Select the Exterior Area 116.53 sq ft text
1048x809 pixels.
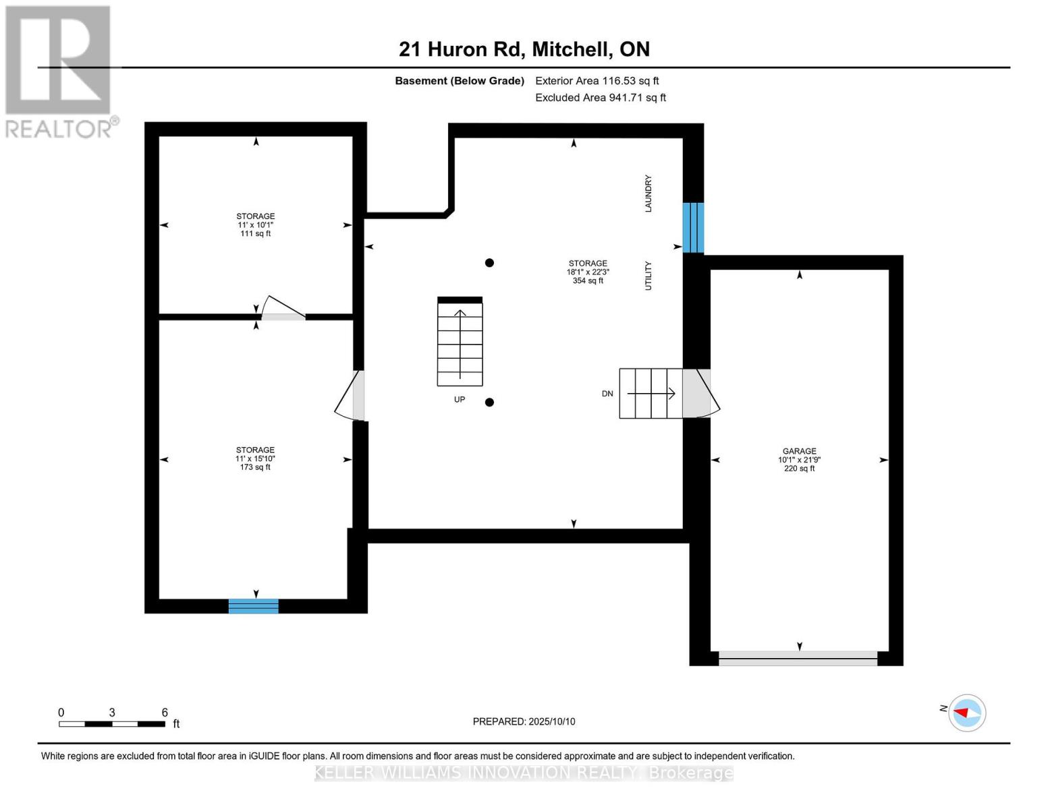(x=597, y=81)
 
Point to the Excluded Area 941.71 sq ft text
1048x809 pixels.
(x=600, y=98)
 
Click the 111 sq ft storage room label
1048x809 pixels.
(x=255, y=225)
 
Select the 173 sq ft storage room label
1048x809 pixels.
(x=255, y=458)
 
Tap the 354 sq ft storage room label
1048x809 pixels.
(x=587, y=272)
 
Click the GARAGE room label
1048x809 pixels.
(x=799, y=459)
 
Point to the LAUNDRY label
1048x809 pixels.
(x=649, y=193)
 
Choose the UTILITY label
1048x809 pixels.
(x=649, y=276)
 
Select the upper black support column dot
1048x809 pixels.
(x=490, y=263)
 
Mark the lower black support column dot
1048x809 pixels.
(x=490, y=402)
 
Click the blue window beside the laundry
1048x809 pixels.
(x=693, y=228)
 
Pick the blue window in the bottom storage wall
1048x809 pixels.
(x=254, y=606)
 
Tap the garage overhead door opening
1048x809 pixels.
(x=798, y=658)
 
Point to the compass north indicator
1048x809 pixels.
(x=966, y=713)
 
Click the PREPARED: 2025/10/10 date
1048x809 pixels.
(x=524, y=721)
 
